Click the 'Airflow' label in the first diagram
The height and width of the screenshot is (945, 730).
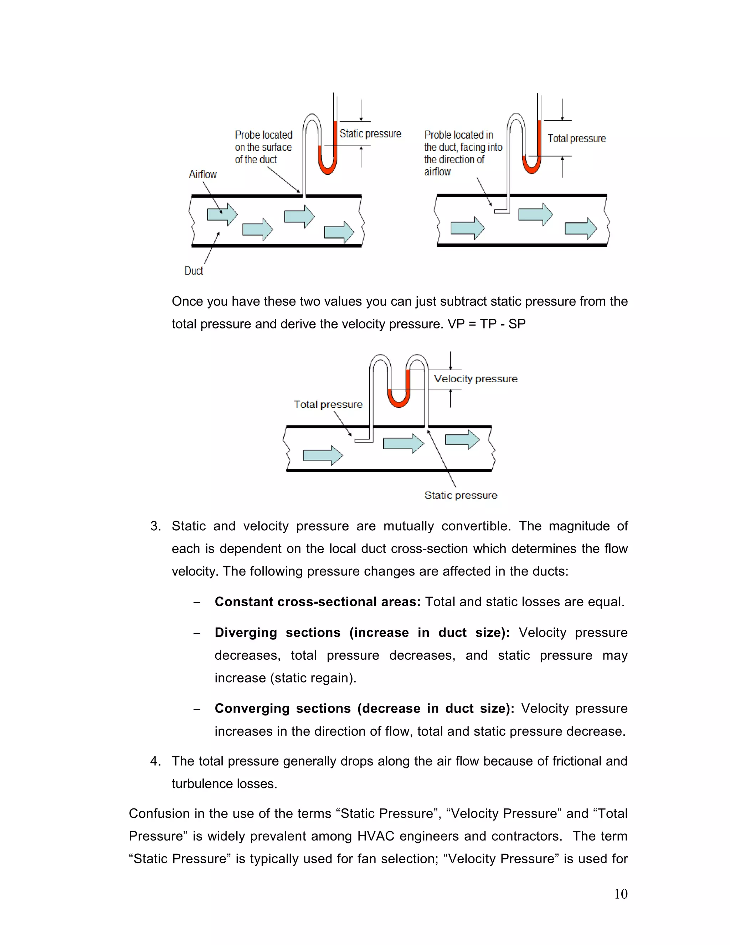(x=202, y=174)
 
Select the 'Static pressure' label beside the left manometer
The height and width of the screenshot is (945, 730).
(x=370, y=134)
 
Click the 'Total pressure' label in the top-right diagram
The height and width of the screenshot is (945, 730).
(x=576, y=138)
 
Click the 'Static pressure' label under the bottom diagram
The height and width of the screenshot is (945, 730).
(x=461, y=495)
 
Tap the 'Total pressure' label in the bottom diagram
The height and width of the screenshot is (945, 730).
(x=328, y=405)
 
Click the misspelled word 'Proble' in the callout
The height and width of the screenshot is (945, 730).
(x=437, y=135)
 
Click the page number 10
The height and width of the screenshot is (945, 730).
(x=621, y=894)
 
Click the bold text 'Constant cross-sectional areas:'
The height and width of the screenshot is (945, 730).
(x=318, y=602)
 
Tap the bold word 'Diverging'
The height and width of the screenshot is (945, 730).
(x=246, y=633)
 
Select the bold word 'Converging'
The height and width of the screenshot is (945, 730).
(x=252, y=708)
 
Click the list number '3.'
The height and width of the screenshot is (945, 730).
(x=156, y=526)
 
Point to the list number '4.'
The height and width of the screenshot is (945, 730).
(x=156, y=761)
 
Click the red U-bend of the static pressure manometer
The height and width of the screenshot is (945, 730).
(x=327, y=167)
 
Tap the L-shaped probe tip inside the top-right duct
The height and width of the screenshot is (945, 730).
(x=502, y=211)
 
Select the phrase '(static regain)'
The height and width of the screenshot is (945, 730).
(x=313, y=678)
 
